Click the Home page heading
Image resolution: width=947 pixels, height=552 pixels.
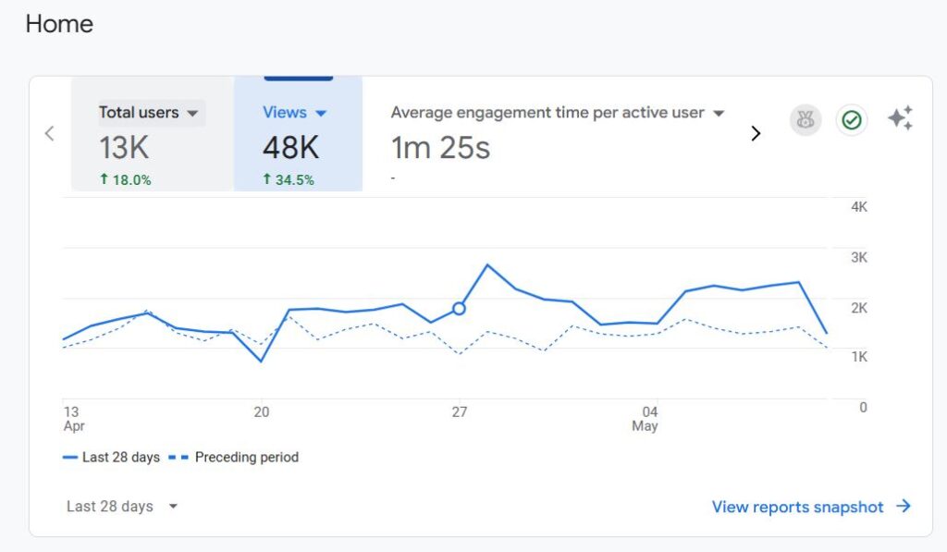tap(59, 24)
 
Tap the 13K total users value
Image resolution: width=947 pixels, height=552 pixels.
tap(124, 147)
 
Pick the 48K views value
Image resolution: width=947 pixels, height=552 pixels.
tap(290, 147)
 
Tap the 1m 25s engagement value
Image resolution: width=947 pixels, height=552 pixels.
tap(440, 147)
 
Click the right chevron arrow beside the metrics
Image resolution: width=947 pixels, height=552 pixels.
tap(756, 133)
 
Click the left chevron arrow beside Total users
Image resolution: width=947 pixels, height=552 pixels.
tap(50, 133)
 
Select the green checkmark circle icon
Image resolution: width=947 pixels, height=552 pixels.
tap(852, 120)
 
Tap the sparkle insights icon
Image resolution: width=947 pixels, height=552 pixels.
tap(900, 118)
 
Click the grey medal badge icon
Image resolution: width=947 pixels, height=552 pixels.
tap(806, 120)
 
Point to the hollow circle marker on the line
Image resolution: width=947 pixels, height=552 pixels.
tap(459, 308)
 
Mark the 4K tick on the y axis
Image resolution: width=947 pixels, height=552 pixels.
tap(859, 207)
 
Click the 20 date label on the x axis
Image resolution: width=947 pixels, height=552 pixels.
tap(262, 412)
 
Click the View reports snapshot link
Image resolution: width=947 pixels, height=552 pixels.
tap(811, 507)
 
